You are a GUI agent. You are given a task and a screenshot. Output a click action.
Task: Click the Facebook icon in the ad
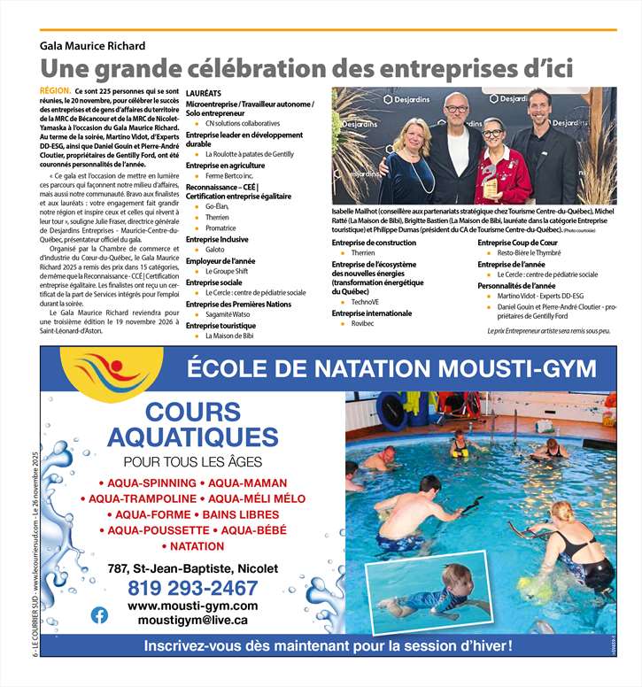pos(99,614)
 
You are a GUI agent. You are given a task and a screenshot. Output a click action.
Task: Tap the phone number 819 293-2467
pos(192,588)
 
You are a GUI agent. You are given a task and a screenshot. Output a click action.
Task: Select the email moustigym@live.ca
pos(192,621)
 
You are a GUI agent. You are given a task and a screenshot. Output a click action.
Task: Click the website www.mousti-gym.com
pos(192,606)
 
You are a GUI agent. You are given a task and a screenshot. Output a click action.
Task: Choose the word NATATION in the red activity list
pos(197,546)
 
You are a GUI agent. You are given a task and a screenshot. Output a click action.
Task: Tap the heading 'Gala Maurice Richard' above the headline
pos(87,45)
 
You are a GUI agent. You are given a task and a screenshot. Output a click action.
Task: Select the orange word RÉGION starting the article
pos(55,91)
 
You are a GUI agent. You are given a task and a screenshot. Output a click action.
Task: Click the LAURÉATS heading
pos(205,92)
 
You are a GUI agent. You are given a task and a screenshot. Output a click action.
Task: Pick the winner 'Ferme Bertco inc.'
pos(227,176)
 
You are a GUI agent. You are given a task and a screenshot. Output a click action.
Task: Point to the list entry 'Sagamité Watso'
pos(228,314)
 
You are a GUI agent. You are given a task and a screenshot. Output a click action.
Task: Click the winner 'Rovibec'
pos(363,324)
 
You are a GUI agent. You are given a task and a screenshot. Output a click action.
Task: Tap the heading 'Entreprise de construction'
pos(373,242)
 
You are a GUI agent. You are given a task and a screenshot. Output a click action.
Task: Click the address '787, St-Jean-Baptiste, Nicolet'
pos(192,568)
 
